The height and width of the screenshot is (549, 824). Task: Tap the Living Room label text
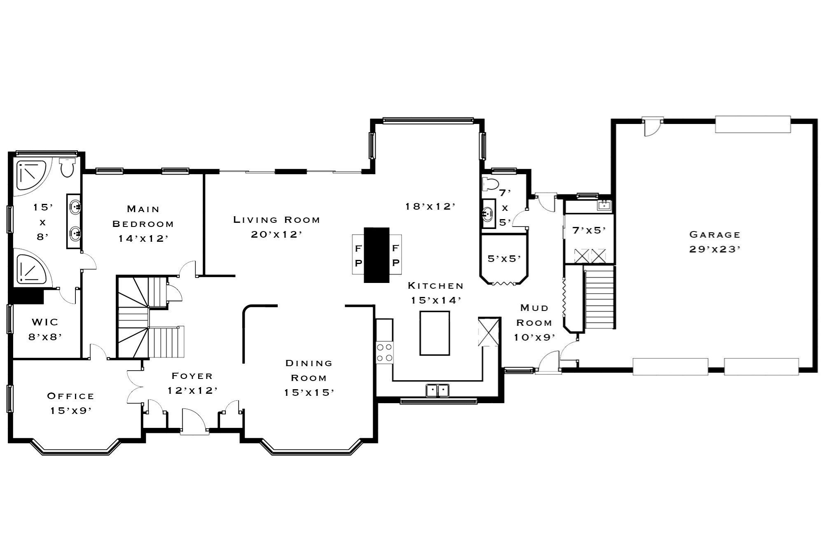coord(277,220)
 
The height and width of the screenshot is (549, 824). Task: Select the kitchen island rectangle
coord(435,333)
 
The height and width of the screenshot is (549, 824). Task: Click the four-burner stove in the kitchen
coord(385,353)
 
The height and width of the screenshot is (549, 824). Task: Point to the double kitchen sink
coord(438,390)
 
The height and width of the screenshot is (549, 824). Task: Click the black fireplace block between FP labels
coord(377,255)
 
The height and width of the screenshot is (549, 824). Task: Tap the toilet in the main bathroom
coord(67,167)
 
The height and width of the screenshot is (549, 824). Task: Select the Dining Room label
coord(309,370)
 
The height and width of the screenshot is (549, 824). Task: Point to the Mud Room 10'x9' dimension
coord(534,337)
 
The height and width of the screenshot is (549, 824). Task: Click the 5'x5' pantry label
coord(504,259)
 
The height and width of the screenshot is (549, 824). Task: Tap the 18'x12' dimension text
coord(430,206)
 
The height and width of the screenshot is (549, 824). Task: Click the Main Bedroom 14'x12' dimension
coord(143,238)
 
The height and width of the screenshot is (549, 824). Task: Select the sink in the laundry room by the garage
coord(604,205)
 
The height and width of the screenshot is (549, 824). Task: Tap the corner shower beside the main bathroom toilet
coord(32,175)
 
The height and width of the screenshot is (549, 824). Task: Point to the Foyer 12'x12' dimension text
coord(192,390)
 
